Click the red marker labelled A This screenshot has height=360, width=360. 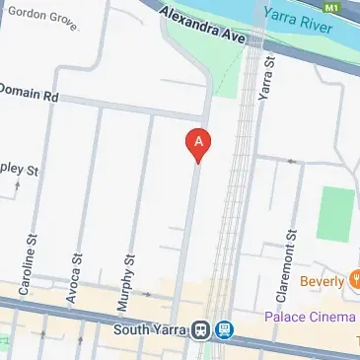pos(198,145)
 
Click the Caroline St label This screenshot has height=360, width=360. pos(30,254)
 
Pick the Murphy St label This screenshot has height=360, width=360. pos(126,265)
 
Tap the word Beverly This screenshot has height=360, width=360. pos(322,281)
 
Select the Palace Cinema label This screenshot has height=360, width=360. pos(309,317)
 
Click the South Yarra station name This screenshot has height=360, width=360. pos(150,330)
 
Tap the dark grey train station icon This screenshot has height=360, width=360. pos(200,330)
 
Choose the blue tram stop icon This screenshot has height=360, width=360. pos(225,330)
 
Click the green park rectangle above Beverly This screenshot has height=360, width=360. pos(335,211)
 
